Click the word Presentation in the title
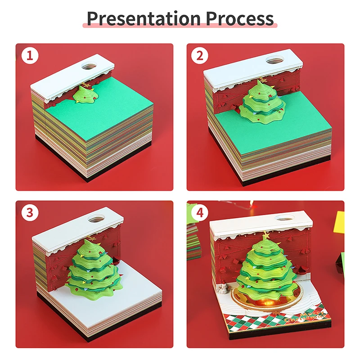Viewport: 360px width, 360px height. [x=143, y=18]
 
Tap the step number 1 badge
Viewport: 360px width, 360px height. [x=29, y=56]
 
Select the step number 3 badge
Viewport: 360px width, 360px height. [x=29, y=213]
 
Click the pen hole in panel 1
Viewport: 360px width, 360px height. [x=89, y=67]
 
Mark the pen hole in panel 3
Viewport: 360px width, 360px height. [x=95, y=220]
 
